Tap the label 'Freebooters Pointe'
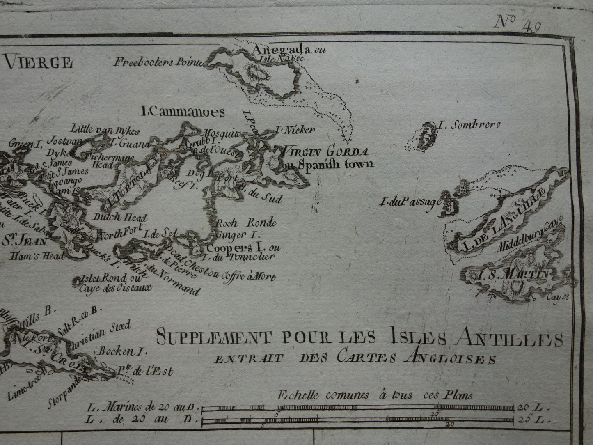click(x=158, y=62)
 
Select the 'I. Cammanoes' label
click(x=182, y=112)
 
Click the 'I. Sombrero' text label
click(x=469, y=125)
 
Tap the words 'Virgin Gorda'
click(x=323, y=151)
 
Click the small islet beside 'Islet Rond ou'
click(x=76, y=281)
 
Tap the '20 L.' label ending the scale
click(x=530, y=408)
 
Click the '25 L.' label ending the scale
click(x=530, y=420)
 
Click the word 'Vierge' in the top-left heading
click(x=39, y=63)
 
